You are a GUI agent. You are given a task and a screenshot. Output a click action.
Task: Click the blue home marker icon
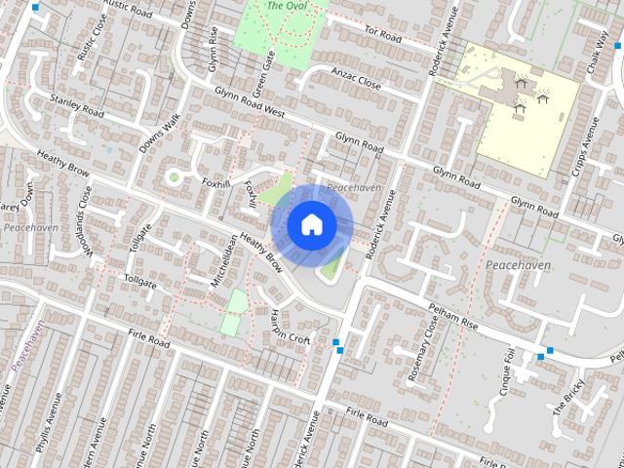pos(311,225)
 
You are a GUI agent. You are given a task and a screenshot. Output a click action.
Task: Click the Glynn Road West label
pos(251,108)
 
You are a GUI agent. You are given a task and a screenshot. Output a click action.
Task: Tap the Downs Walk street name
pos(159,133)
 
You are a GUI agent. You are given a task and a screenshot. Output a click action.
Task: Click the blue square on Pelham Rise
pos(551,351)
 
